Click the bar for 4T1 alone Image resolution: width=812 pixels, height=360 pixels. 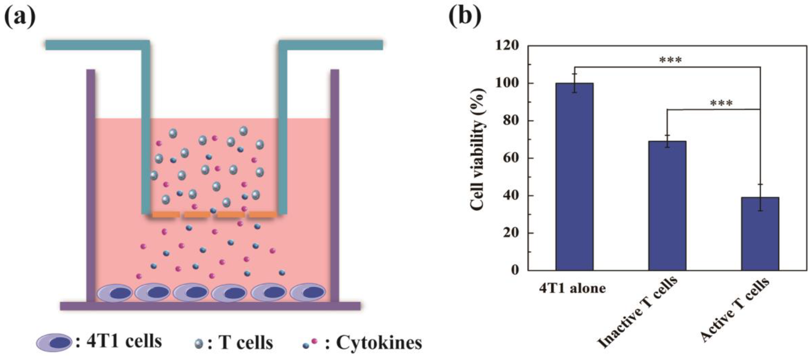tap(574, 177)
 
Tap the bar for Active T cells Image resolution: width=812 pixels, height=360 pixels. tap(760, 234)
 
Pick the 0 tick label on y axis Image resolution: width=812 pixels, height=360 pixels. tap(515, 270)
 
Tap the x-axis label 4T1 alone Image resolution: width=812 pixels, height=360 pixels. tap(572, 289)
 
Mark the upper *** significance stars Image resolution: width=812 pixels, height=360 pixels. tap(670, 60)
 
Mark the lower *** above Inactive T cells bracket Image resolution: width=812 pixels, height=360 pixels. tap(722, 103)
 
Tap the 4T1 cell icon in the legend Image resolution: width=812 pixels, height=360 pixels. tap(54, 342)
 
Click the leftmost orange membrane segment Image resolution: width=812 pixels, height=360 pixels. tap(166, 215)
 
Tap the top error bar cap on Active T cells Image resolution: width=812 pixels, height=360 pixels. tap(760, 184)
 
